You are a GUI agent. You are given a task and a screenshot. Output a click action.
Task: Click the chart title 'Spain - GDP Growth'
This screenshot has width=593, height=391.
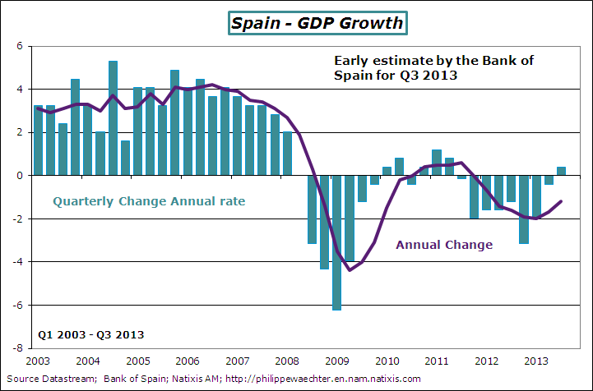317,22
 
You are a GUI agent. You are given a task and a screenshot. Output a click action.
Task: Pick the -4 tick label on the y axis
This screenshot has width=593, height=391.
17,261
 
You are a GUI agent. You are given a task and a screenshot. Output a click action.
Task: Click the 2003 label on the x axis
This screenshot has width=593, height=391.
38,361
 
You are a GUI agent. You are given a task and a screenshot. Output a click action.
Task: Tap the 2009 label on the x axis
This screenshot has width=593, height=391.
336,361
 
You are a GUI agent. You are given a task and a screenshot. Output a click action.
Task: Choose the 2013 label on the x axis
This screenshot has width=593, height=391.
536,361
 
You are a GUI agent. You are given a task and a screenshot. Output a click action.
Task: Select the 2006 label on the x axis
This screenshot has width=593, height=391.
187,361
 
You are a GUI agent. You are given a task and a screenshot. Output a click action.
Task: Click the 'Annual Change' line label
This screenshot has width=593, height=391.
444,244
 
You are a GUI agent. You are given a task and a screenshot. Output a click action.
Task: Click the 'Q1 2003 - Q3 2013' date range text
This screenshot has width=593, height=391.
91,334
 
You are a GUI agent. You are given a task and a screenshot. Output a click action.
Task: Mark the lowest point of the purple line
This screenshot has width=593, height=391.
350,269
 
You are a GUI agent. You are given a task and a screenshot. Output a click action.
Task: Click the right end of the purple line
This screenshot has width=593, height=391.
561,201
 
